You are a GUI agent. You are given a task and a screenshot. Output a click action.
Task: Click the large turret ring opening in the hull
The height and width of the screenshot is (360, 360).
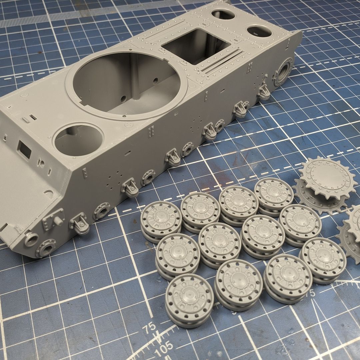pos(125,82)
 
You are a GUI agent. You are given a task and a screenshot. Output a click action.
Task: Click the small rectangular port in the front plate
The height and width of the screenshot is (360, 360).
pos(24,149)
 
